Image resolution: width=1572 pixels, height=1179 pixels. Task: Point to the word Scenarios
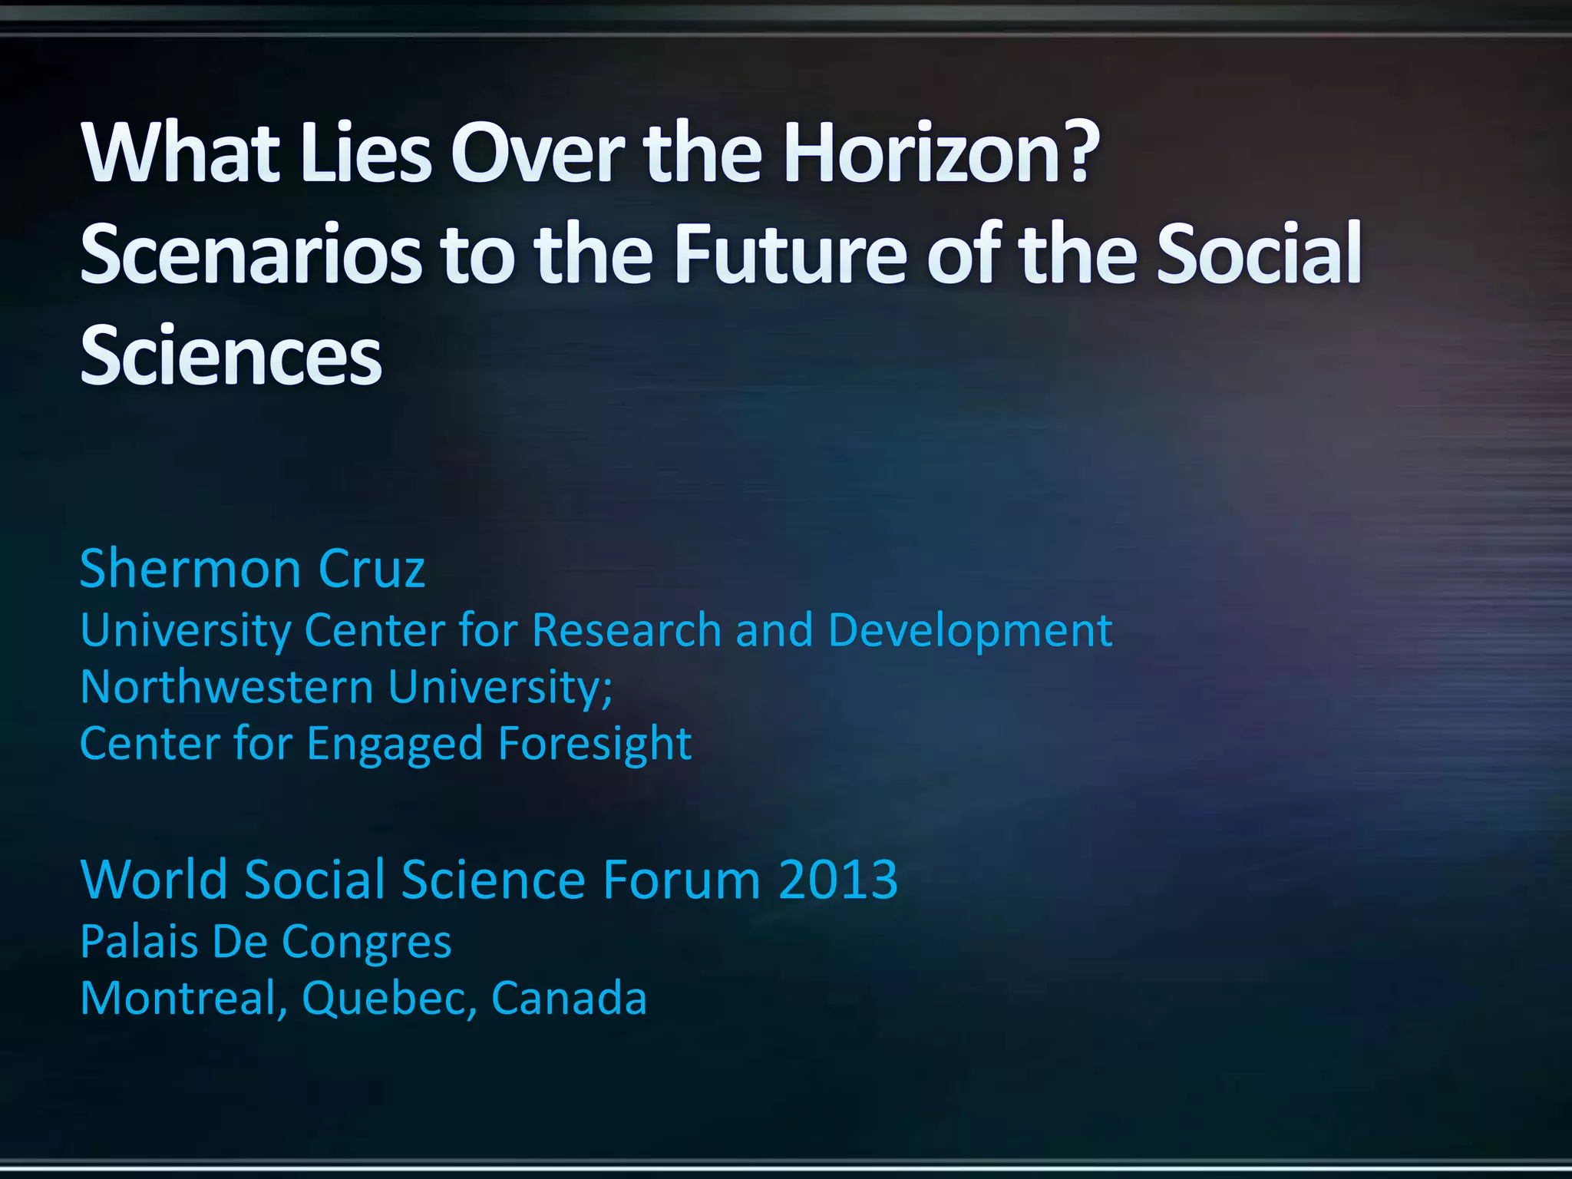coord(250,254)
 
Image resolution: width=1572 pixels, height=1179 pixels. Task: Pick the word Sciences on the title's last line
coord(230,355)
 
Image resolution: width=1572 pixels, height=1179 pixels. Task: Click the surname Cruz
coord(372,569)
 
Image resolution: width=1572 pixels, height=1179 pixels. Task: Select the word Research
coord(626,630)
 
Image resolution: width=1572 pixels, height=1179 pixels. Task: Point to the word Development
coord(970,630)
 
